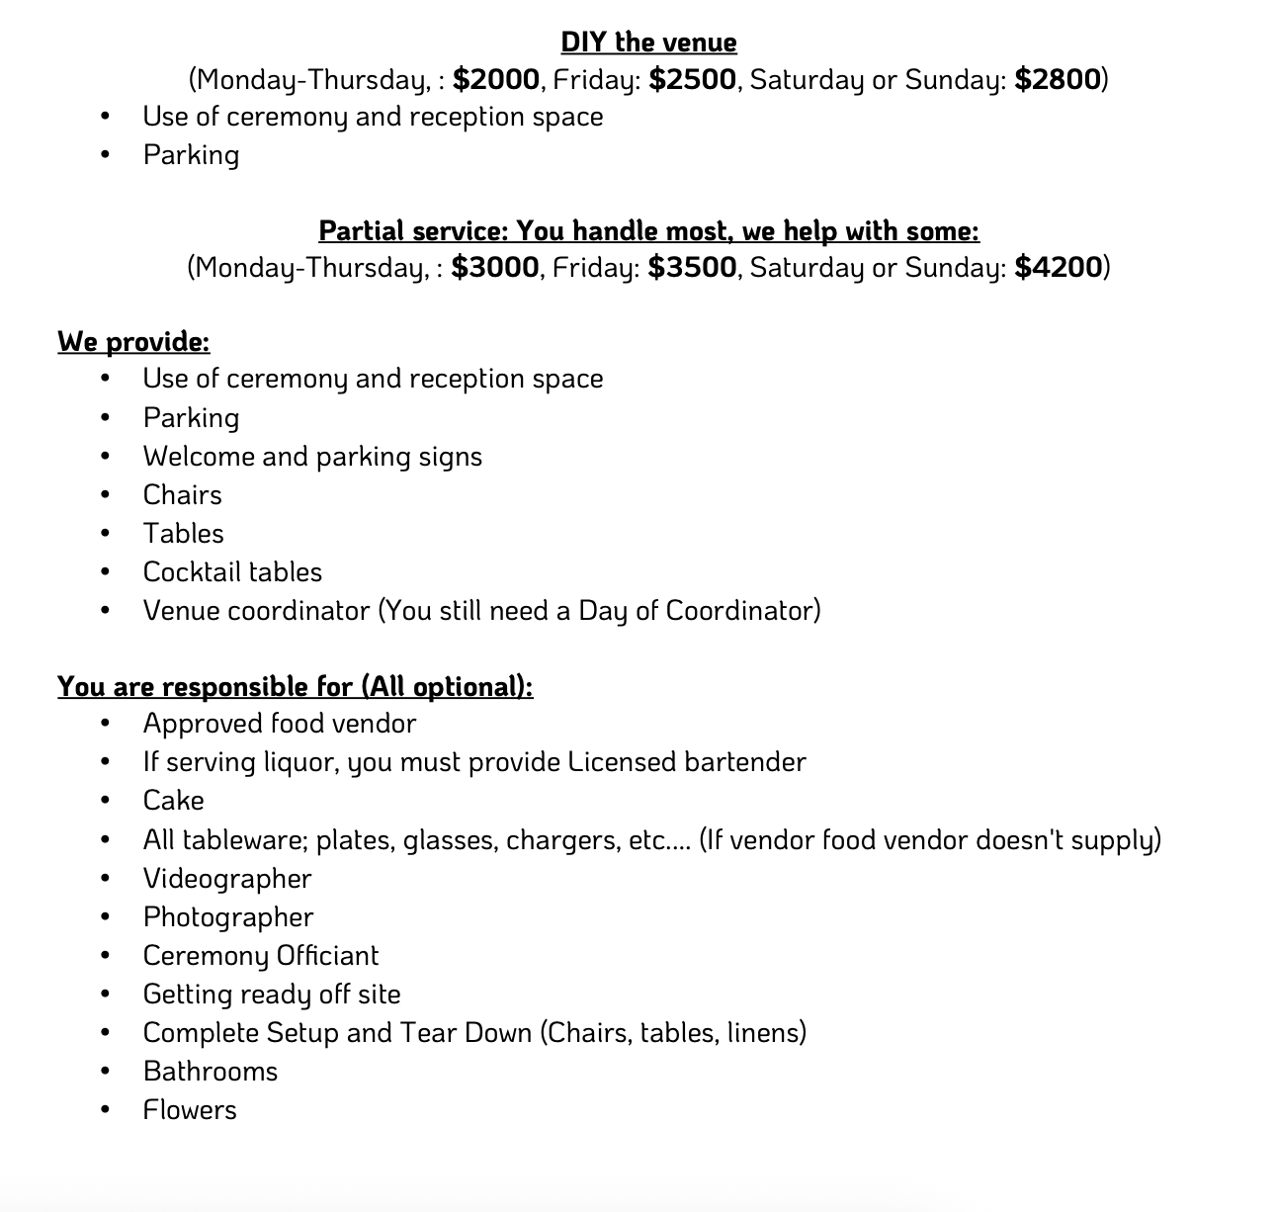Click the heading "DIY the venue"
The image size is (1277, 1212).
(648, 43)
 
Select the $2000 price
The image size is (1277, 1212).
(496, 79)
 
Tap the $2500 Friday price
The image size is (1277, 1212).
(692, 79)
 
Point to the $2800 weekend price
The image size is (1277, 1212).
(1058, 79)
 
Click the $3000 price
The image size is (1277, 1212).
(495, 267)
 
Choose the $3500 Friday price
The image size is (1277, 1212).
(692, 267)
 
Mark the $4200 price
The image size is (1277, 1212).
(1058, 267)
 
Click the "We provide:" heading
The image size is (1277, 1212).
(133, 341)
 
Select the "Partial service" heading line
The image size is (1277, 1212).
(648, 230)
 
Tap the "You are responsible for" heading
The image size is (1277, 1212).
(295, 686)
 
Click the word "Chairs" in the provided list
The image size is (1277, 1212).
(183, 494)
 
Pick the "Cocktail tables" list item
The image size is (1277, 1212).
(232, 572)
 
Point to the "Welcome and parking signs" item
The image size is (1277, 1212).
(312, 457)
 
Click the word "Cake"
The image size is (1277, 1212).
(174, 801)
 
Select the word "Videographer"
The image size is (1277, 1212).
(227, 879)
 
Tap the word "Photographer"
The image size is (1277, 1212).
(228, 917)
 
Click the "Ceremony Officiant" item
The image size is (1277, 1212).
(261, 956)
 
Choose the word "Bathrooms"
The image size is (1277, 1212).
(211, 1072)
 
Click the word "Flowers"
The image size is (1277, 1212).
(190, 1110)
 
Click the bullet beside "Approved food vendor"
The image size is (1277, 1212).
(105, 725)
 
